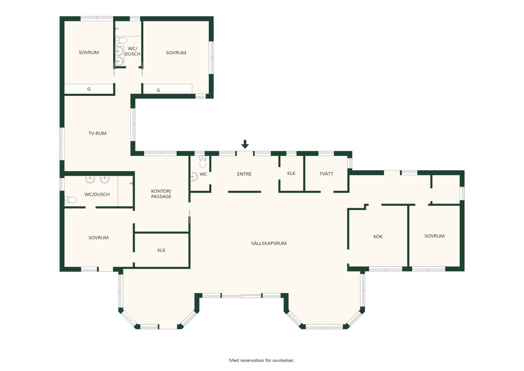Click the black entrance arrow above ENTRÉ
tap(245, 144)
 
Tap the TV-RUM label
tap(97, 133)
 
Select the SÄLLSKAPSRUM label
tap(269, 243)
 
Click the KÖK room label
tap(378, 236)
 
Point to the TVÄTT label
tap(326, 174)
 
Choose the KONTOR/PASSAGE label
tap(161, 194)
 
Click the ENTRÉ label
tap(244, 174)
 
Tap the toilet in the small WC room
tap(203, 162)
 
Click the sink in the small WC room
tap(194, 177)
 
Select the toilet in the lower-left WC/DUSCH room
tap(71, 200)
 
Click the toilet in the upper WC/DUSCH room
tap(121, 40)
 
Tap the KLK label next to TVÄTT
tap(291, 173)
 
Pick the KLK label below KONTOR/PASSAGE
tap(161, 250)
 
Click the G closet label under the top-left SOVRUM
tap(89, 89)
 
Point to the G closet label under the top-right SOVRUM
tap(158, 90)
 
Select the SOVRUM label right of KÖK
tap(434, 236)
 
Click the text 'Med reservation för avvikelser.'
tap(262, 360)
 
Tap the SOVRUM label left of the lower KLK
tap(98, 238)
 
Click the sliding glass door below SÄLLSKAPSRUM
tap(241, 295)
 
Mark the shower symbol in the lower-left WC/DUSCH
tap(131, 183)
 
